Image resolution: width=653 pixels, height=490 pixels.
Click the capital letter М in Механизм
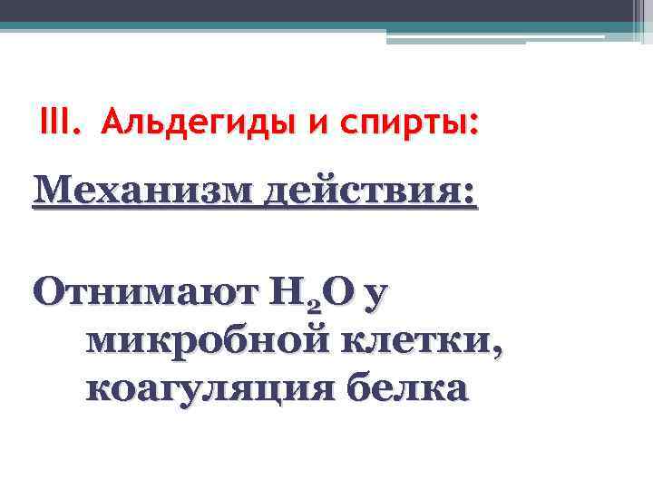click(x=50, y=193)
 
